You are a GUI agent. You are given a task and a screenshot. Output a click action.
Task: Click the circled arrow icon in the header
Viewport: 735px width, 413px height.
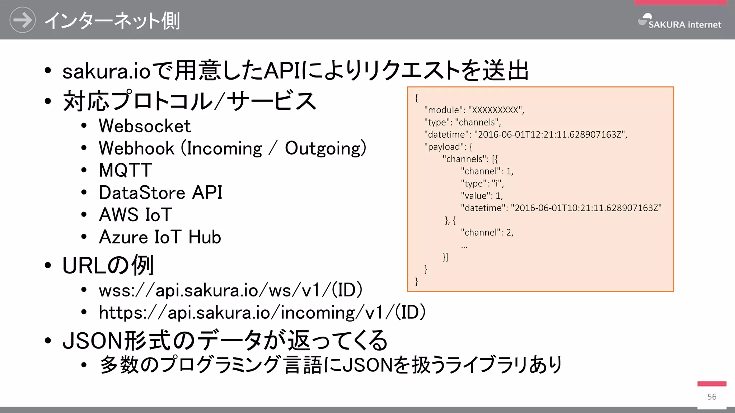(22, 20)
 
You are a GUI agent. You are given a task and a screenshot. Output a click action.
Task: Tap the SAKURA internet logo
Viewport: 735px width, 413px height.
(680, 22)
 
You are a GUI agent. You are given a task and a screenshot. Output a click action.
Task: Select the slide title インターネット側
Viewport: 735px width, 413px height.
(112, 21)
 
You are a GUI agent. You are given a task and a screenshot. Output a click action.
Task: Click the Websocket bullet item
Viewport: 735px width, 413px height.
(145, 126)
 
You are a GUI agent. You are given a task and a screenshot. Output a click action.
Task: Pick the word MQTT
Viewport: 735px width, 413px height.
(125, 170)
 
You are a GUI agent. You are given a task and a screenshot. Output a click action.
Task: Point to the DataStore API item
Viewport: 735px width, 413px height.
(160, 193)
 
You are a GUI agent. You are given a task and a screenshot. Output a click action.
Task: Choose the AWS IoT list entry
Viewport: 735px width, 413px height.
(135, 215)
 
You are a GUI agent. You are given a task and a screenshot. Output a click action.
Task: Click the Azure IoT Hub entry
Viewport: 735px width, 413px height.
(160, 237)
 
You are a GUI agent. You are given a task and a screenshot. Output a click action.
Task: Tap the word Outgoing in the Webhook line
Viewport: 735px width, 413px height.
(325, 148)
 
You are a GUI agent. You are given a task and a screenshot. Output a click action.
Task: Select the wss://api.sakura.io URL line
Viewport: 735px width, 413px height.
(230, 290)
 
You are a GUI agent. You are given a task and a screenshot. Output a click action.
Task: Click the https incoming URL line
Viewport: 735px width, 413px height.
(262, 312)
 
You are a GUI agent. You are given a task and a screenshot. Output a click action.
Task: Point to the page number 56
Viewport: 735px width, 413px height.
(712, 397)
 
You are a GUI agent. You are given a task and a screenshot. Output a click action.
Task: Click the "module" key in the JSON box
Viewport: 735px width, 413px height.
(444, 110)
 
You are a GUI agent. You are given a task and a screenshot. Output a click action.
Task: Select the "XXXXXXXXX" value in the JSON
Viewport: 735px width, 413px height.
(495, 110)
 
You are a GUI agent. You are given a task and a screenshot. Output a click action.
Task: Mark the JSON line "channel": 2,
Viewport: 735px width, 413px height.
(487, 233)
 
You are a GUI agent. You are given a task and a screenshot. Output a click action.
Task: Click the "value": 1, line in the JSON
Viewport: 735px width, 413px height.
(482, 196)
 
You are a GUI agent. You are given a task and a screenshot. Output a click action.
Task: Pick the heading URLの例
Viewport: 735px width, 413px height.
(108, 266)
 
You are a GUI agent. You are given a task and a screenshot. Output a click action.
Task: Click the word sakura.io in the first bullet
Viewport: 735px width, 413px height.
(106, 71)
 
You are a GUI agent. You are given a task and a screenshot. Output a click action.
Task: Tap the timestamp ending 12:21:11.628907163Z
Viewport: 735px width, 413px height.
(551, 134)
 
